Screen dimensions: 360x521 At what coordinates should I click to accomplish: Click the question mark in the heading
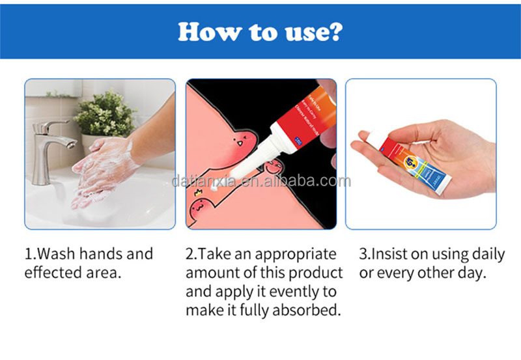pyautogui.click(x=333, y=31)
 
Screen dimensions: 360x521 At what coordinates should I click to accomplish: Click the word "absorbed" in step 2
pyautogui.click(x=307, y=310)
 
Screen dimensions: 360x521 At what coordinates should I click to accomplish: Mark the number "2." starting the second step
pyautogui.click(x=191, y=254)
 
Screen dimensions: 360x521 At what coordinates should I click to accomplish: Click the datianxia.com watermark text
pyautogui.click(x=260, y=182)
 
